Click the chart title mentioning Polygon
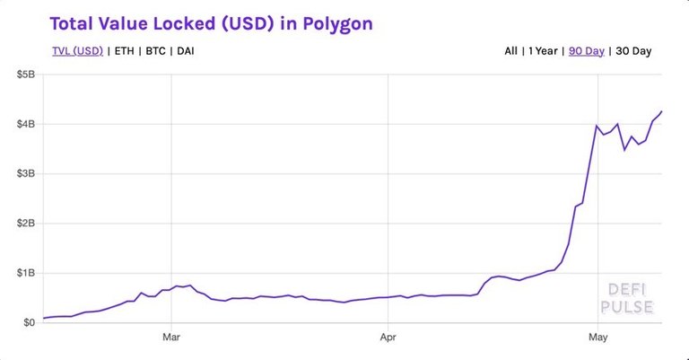point(210,23)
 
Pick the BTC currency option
point(156,51)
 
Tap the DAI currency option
point(186,51)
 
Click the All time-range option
point(510,51)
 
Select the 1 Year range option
point(541,51)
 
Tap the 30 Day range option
point(633,51)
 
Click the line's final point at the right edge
point(662,111)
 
